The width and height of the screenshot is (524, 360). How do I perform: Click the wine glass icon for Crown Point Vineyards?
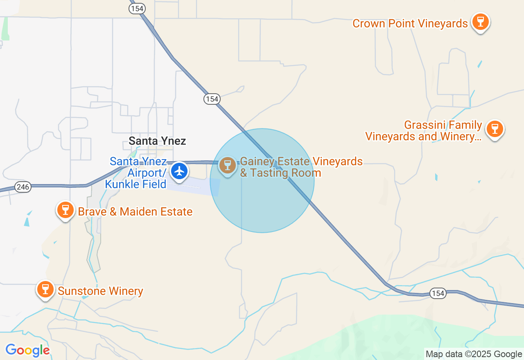tap(480, 21)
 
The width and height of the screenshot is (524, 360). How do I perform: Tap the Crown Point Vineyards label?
tap(410, 24)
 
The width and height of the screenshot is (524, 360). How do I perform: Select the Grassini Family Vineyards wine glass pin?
tap(495, 128)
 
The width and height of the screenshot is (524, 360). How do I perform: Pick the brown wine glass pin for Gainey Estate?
tap(227, 165)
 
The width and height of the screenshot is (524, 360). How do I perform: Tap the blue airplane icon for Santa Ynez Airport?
tap(179, 171)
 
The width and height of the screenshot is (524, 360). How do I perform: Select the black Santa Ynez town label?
tap(157, 141)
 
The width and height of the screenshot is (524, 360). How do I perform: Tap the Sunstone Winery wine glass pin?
tap(45, 289)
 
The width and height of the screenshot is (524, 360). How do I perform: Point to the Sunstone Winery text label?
tap(100, 291)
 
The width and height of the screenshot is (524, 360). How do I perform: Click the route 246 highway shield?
tap(23, 187)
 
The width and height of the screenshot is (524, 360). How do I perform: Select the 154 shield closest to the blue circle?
tap(212, 99)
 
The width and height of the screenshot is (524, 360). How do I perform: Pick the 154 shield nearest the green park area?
tap(438, 293)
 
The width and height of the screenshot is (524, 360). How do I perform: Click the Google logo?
tap(27, 350)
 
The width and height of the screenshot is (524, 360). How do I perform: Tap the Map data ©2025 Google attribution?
tap(474, 354)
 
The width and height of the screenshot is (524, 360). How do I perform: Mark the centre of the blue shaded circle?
tap(262, 181)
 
